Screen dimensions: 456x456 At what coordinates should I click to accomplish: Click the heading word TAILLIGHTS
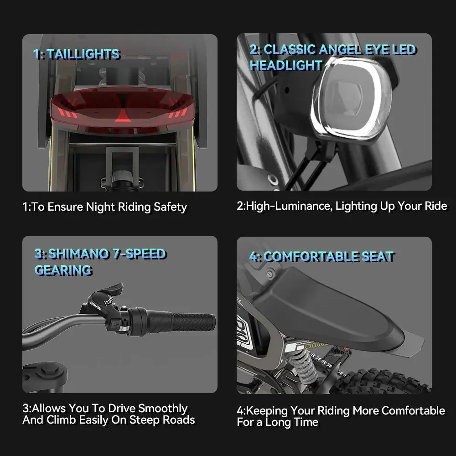pos(83,54)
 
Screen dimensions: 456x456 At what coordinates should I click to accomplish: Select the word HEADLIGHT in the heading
pos(286,65)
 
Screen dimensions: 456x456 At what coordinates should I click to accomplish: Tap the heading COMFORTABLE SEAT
pos(328,256)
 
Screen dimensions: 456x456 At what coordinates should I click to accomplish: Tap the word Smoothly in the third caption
pos(163,408)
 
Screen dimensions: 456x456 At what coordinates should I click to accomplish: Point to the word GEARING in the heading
pos(63,270)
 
